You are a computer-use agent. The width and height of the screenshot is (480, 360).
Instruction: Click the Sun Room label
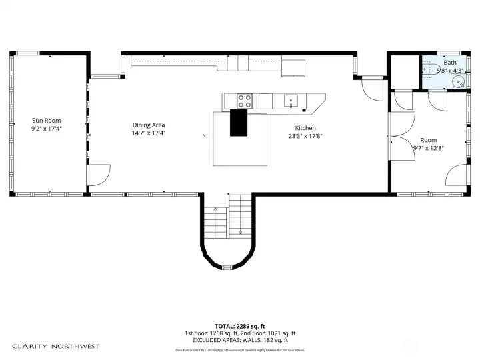coord(47,121)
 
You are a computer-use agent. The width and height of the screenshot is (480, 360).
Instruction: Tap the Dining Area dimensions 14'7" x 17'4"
coord(149,133)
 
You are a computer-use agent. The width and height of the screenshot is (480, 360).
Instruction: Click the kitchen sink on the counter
coord(291,101)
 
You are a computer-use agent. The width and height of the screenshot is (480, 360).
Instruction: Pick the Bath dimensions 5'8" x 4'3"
coord(449,70)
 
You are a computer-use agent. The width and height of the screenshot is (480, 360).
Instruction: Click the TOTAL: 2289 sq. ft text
coord(240,327)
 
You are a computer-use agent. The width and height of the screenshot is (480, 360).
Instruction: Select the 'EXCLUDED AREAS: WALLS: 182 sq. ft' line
coord(240,340)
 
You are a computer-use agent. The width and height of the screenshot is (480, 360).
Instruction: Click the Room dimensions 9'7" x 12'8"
coord(428,148)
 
